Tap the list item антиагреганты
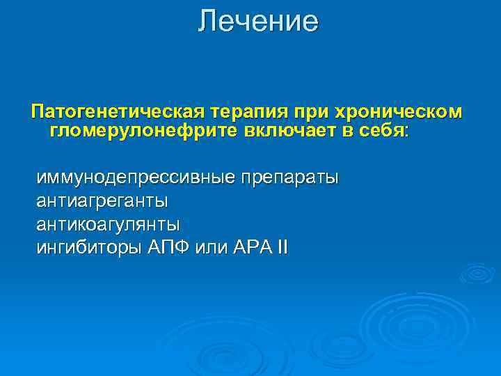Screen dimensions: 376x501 coord(102,201)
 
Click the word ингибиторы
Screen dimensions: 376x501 coord(89,247)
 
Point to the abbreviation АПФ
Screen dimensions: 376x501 coord(168,247)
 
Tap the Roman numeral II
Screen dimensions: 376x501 coord(280,247)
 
